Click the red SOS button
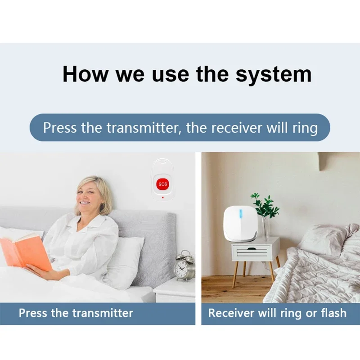[163, 184]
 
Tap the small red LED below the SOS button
[163, 198]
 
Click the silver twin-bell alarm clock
[184, 266]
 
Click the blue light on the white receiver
[241, 214]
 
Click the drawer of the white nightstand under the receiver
[252, 252]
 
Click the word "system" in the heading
[274, 75]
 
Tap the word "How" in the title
[85, 74]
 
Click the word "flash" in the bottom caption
[333, 313]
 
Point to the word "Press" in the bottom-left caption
[33, 313]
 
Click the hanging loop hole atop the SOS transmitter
[163, 162]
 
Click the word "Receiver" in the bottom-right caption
[231, 313]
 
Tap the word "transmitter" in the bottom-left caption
[103, 313]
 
